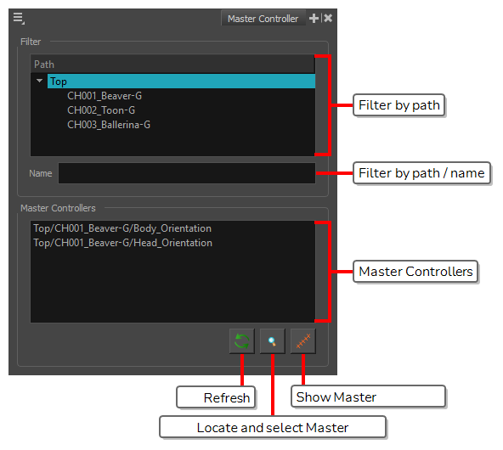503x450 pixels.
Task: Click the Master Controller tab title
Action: click(263, 19)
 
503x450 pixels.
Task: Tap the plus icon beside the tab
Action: click(314, 19)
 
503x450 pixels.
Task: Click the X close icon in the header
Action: click(328, 19)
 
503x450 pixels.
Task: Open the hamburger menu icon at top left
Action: click(19, 18)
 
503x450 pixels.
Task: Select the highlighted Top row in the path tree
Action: click(181, 82)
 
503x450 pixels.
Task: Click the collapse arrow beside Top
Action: click(39, 81)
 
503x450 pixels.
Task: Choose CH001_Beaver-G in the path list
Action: click(105, 95)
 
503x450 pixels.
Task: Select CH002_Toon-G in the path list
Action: click(101, 110)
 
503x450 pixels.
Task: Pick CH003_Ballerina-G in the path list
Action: click(109, 124)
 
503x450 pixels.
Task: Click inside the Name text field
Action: click(187, 173)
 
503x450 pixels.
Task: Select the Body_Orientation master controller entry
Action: click(122, 228)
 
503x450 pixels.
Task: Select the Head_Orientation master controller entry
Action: click(122, 243)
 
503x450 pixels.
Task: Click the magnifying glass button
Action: click(273, 341)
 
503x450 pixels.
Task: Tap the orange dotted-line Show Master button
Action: click(303, 341)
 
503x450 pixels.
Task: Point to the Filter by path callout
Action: click(398, 105)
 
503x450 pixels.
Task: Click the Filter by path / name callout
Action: click(421, 173)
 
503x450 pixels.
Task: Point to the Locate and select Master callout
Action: click(273, 427)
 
